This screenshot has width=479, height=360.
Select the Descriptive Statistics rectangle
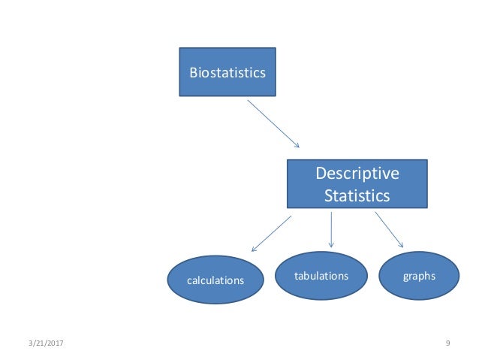(357, 183)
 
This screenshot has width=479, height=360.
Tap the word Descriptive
(357, 174)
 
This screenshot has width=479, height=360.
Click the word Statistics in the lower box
(357, 196)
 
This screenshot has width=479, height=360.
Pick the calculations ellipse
(215, 280)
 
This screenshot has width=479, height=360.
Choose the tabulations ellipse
(321, 276)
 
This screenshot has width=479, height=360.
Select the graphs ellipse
(419, 276)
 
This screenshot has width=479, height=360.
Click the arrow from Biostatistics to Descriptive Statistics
(273, 123)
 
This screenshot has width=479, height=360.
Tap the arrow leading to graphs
(389, 229)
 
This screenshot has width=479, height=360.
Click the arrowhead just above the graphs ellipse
(401, 245)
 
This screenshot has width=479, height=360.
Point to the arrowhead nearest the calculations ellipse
(254, 249)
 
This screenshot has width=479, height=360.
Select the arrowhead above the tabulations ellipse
(331, 245)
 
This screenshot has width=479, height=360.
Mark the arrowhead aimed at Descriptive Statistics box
(297, 145)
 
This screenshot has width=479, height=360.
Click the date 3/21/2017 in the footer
(44, 343)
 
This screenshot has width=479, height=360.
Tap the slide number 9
(447, 343)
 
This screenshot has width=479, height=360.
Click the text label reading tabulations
(321, 276)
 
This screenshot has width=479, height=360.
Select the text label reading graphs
(419, 276)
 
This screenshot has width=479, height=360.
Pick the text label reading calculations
(215, 280)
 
